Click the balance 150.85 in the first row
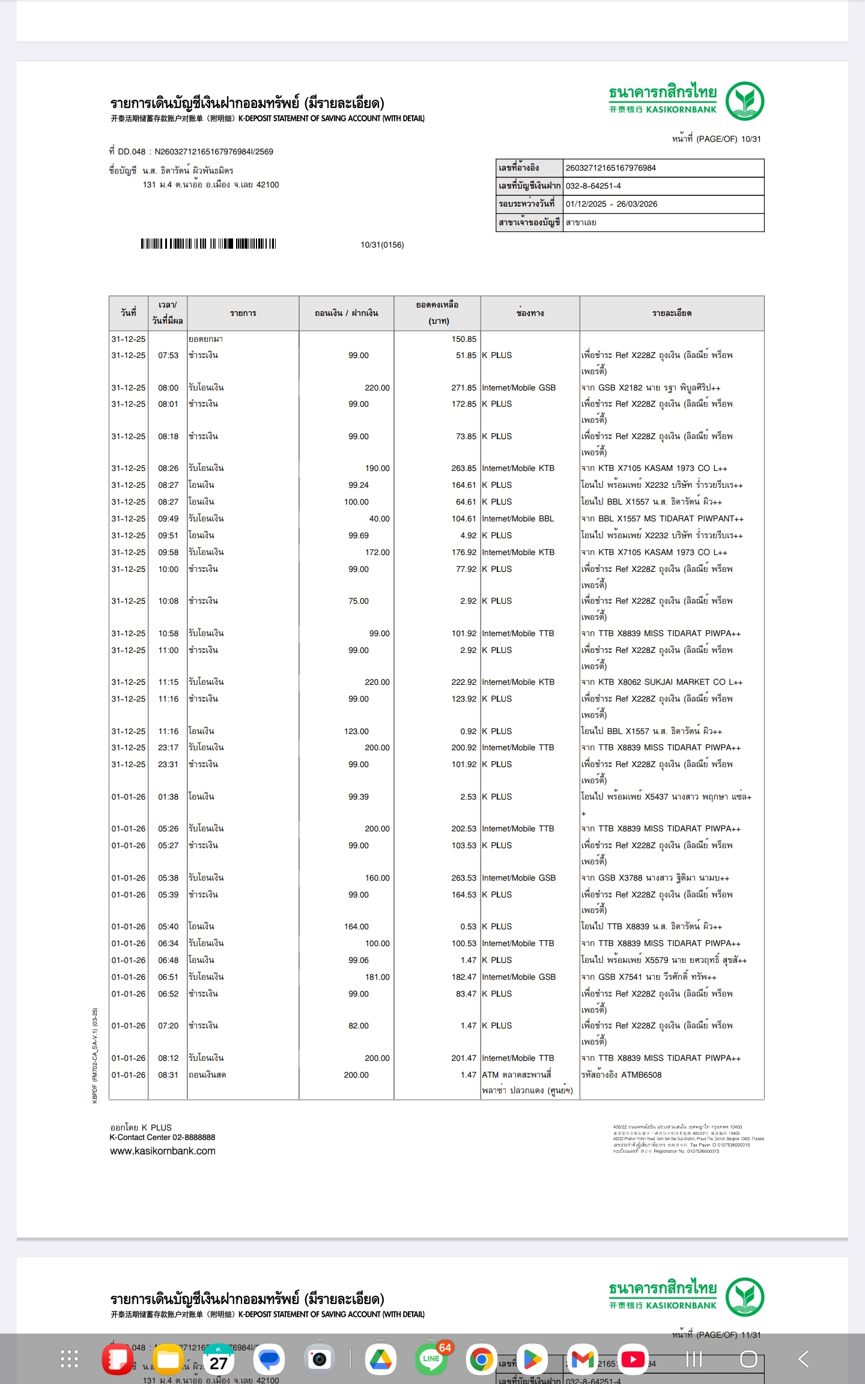[x=463, y=339]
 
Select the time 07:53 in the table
[x=168, y=356]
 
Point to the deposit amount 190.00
[x=377, y=469]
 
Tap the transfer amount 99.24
[x=358, y=485]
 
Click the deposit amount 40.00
[x=379, y=519]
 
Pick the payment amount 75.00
[x=358, y=601]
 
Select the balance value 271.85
[x=463, y=388]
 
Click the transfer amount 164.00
[x=356, y=927]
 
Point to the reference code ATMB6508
[x=638, y=1075]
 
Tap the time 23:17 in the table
[x=168, y=748]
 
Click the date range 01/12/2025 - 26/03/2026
[x=611, y=204]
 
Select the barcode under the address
[x=208, y=244]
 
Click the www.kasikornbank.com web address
[x=162, y=1152]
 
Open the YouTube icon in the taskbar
[x=633, y=1359]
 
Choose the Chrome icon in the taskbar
[x=481, y=1359]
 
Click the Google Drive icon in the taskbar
[x=380, y=1359]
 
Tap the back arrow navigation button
[x=803, y=1359]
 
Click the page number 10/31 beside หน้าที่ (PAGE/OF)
[x=750, y=139]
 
